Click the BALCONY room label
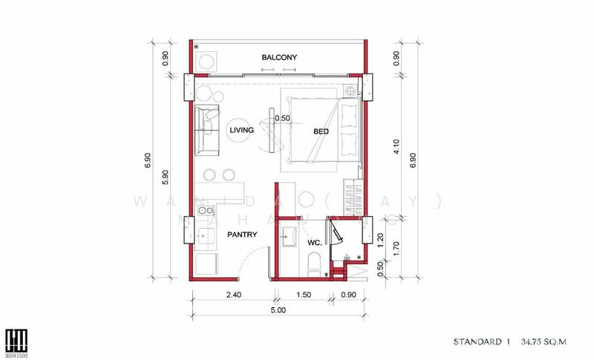pos(279,57)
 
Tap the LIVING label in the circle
pos(242,131)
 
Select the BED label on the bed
pos(321,131)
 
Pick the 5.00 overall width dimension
pos(278,310)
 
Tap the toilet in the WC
pos(313,264)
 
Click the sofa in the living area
pos(206,130)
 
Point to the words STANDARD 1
pos(482,342)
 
